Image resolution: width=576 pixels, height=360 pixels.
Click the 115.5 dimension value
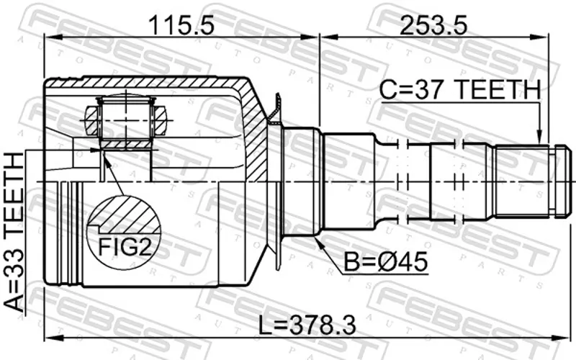pyautogui.click(x=181, y=25)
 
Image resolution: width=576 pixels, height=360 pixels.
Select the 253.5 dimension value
pyautogui.click(x=433, y=25)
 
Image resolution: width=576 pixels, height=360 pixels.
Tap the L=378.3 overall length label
pyautogui.click(x=307, y=325)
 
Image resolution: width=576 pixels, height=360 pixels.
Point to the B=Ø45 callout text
pyautogui.click(x=386, y=261)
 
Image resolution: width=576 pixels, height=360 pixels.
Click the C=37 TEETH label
pyautogui.click(x=460, y=89)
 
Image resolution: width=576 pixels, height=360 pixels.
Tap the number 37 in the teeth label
pyautogui.click(x=428, y=89)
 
